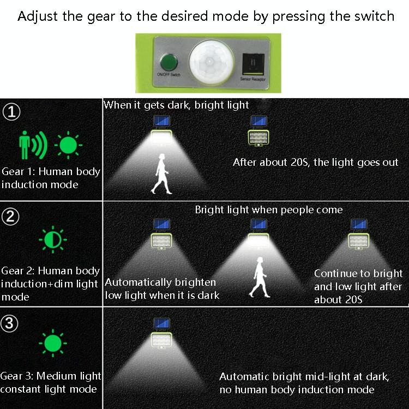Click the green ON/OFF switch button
(x=169, y=62)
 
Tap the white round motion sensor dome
(x=211, y=63)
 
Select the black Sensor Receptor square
(x=253, y=64)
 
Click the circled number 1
(x=11, y=112)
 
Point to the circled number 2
(x=10, y=216)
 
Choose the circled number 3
(x=9, y=323)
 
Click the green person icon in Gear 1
(x=25, y=145)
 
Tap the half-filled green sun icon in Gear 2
(x=53, y=239)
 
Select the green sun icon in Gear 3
(x=53, y=343)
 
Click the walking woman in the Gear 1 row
(x=161, y=174)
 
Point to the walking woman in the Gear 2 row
(x=260, y=277)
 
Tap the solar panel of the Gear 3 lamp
(x=161, y=323)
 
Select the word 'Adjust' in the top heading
(x=38, y=16)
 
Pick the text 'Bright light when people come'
(x=269, y=210)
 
